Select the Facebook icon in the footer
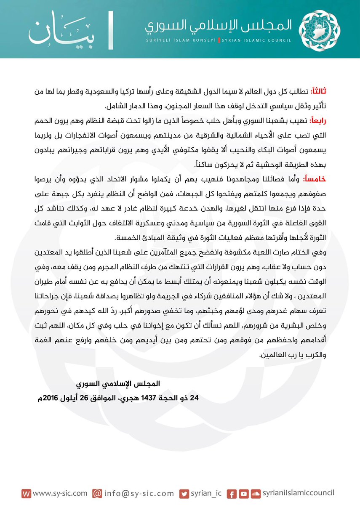pyautogui.click(x=231, y=493)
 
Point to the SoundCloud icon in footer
pyautogui.click(x=254, y=493)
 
